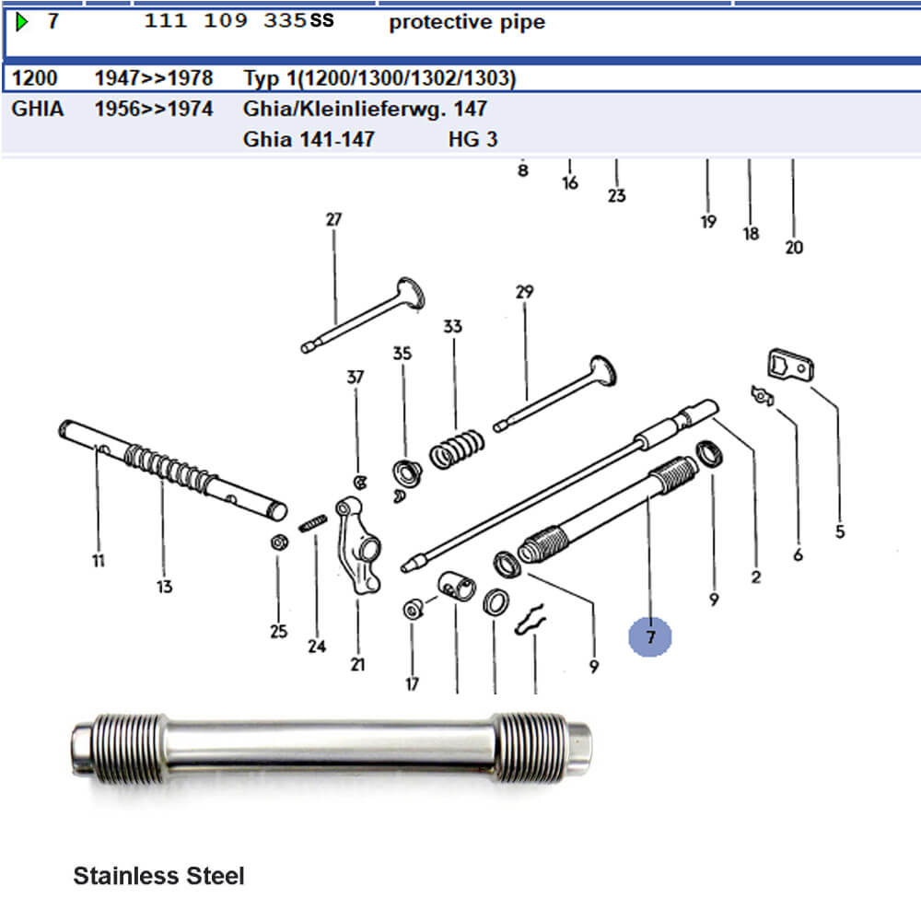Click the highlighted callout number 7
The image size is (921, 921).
point(649,637)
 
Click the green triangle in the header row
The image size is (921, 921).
point(22,22)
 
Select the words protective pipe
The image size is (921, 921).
point(467,22)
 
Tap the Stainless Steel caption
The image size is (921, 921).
point(158,876)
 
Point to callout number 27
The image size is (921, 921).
point(333,220)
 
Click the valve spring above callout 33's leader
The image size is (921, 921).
point(457,449)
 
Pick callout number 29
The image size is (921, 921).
point(525,292)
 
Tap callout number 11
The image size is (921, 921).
point(99,561)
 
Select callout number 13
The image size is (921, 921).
point(165,586)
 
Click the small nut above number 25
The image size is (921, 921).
point(280,542)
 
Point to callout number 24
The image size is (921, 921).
point(317,647)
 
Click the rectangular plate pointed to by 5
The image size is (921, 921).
point(790,365)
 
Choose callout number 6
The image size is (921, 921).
point(798,554)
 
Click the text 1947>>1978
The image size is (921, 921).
point(154,78)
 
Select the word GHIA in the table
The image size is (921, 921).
point(38,109)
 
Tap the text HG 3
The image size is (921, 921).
point(472,139)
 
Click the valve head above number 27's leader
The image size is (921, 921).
point(410,292)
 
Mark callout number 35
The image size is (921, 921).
point(402,353)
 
